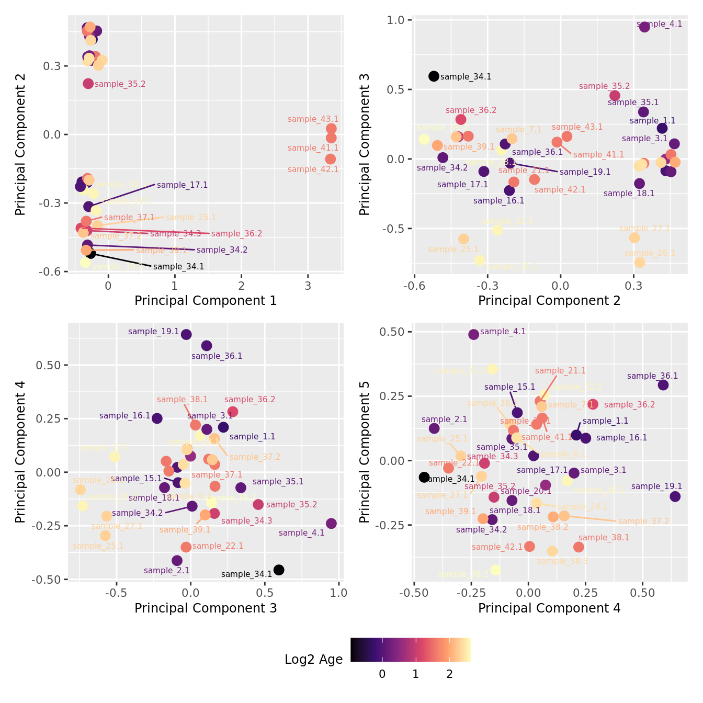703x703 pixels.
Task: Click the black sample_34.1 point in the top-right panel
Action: click(x=434, y=76)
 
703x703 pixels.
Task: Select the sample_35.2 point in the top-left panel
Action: click(x=88, y=84)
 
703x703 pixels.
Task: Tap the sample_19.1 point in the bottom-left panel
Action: click(x=186, y=334)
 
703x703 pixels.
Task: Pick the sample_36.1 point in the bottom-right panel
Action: click(x=663, y=385)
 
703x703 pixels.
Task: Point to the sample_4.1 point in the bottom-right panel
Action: click(x=474, y=334)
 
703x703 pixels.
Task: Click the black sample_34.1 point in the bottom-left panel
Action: click(x=279, y=570)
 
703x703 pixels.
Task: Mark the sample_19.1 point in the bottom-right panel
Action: click(x=675, y=496)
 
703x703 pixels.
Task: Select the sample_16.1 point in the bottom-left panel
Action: click(x=157, y=418)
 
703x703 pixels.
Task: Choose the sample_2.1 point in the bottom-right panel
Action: click(x=434, y=428)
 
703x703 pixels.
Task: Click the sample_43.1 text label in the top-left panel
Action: click(x=313, y=119)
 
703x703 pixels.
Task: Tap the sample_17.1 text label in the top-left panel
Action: click(x=182, y=185)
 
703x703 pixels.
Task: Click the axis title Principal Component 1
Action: click(x=206, y=301)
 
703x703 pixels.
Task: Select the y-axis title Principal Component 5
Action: click(x=365, y=451)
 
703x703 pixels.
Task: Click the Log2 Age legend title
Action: click(x=313, y=660)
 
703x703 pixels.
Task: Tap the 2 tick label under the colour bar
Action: click(x=449, y=674)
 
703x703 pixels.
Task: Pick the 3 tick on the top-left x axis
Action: click(x=308, y=286)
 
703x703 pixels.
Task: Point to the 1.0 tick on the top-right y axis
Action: click(x=396, y=20)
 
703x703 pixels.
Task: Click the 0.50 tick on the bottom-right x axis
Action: click(x=642, y=593)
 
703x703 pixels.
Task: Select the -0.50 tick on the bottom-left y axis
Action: click(x=50, y=580)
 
